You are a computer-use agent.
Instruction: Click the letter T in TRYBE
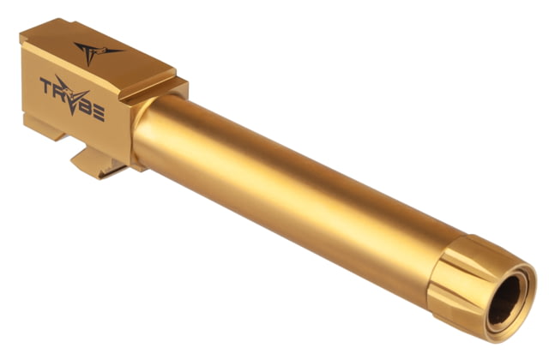[x=45, y=85]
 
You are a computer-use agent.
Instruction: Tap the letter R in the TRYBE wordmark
[x=58, y=89]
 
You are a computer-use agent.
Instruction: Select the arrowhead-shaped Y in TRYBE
[x=72, y=94]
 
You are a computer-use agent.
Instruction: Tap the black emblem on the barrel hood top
[x=94, y=52]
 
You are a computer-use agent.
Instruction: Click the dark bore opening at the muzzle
[x=504, y=300]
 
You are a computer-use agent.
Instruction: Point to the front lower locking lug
[x=97, y=164]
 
